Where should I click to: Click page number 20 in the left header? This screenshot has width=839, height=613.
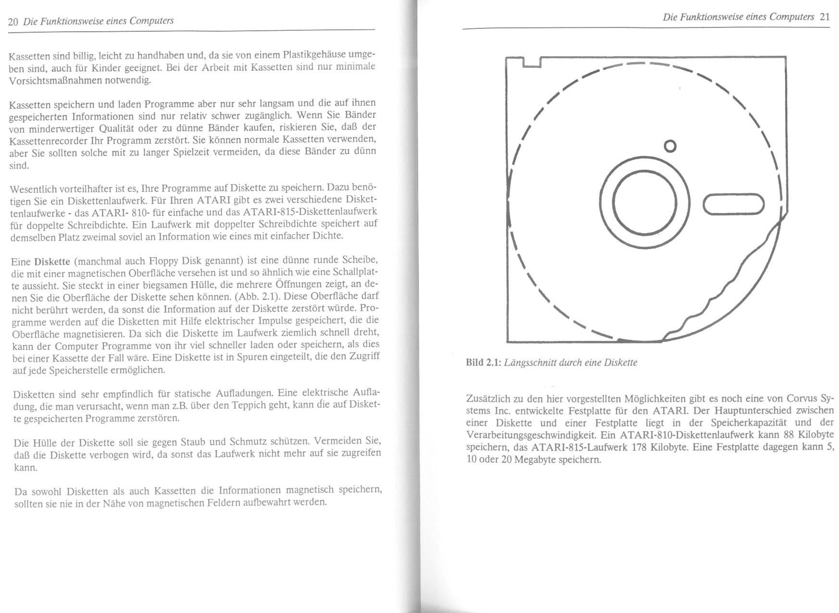(x=13, y=22)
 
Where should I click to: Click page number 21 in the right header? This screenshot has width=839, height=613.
(x=825, y=17)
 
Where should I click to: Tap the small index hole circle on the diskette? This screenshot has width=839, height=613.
(x=670, y=145)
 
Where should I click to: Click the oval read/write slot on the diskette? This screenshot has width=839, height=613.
(x=734, y=204)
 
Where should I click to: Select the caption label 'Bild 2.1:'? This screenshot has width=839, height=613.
(x=483, y=363)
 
